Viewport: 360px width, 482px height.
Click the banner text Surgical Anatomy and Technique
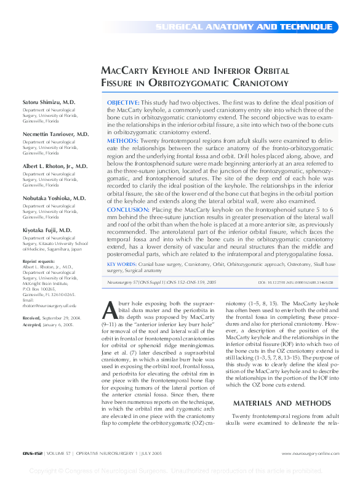(x=244, y=27)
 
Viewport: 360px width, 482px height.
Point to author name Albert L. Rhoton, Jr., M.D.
(x=55, y=166)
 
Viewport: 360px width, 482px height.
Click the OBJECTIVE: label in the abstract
(x=123, y=102)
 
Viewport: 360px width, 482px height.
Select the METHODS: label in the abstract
(x=122, y=140)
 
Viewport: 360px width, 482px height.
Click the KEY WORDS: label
(x=122, y=264)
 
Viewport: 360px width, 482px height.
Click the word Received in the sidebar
(x=31, y=317)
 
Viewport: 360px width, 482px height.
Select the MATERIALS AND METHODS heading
(x=281, y=404)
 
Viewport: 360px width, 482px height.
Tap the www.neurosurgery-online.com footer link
(x=310, y=454)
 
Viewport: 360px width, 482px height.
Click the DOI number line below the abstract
(x=295, y=282)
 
